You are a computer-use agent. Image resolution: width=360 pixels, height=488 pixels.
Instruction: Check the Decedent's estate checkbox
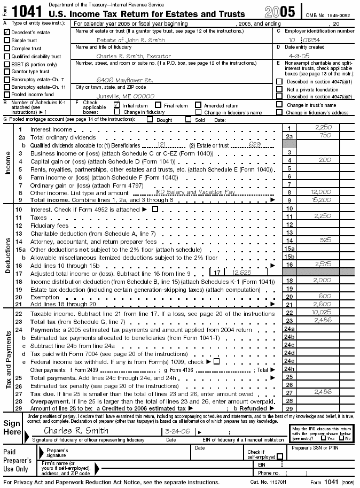[x=7, y=33]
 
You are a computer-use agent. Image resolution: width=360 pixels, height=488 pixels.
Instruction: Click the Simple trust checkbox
[x=7, y=41]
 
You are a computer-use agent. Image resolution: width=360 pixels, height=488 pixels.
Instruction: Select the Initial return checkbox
[x=117, y=105]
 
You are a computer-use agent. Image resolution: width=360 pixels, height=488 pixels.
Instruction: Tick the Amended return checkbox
[x=198, y=105]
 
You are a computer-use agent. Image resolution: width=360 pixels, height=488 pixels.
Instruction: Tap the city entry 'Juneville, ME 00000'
[x=125, y=96]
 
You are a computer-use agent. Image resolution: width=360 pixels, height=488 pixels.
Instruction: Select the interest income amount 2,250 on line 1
[x=324, y=128]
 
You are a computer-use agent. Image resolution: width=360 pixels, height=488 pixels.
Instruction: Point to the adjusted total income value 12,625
[x=242, y=272]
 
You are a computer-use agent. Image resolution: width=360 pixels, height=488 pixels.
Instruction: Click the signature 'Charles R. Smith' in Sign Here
[x=76, y=430]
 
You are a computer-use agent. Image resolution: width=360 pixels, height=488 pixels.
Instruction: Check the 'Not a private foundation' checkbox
[x=279, y=89]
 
